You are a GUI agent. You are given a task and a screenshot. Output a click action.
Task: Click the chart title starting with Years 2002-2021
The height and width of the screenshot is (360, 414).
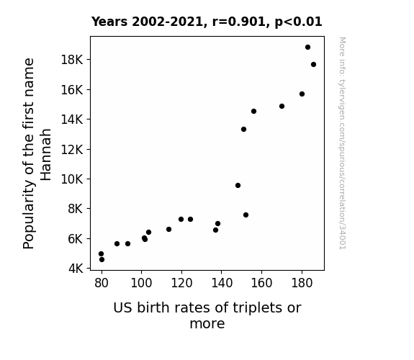(x=207, y=22)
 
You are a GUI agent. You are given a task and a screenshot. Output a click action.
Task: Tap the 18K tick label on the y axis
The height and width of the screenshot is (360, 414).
(x=72, y=60)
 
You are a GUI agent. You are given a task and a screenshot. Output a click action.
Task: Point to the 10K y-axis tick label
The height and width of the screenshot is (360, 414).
(x=72, y=179)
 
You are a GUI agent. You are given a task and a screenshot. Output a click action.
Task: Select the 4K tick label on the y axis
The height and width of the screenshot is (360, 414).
(x=76, y=269)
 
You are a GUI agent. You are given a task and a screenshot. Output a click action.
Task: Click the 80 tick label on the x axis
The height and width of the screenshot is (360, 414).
(x=102, y=283)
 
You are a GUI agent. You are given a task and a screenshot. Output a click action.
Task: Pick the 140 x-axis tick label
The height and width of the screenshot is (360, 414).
(x=222, y=283)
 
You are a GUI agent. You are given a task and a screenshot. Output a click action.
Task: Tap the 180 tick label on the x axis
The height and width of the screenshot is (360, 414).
(x=302, y=283)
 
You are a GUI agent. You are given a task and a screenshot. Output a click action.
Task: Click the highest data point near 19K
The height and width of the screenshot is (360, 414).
(x=307, y=48)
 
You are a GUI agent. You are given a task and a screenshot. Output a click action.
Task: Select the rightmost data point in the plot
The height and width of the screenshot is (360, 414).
(x=313, y=65)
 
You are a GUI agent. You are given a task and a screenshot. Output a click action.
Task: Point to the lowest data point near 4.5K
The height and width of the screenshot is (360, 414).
(x=102, y=260)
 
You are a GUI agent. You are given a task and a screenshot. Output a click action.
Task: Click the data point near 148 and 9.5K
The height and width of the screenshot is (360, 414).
(x=238, y=186)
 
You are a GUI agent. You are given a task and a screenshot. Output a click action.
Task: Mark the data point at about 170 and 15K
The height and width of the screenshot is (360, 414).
(x=282, y=106)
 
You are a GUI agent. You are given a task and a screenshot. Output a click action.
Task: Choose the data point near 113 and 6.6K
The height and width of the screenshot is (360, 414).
(x=168, y=229)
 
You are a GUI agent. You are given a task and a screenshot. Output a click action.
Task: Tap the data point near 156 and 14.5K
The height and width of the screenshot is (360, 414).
(x=253, y=111)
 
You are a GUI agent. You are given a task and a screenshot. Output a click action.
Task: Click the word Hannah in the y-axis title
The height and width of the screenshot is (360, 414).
(x=45, y=155)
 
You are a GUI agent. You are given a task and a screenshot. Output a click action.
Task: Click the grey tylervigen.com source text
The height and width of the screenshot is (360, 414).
(x=342, y=143)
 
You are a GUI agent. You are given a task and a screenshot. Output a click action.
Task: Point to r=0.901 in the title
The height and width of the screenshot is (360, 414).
(x=239, y=22)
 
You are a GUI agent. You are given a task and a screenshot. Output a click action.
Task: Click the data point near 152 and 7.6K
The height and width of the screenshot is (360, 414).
(x=246, y=215)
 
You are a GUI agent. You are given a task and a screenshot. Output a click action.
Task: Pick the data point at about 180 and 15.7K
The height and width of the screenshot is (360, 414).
(x=302, y=94)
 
